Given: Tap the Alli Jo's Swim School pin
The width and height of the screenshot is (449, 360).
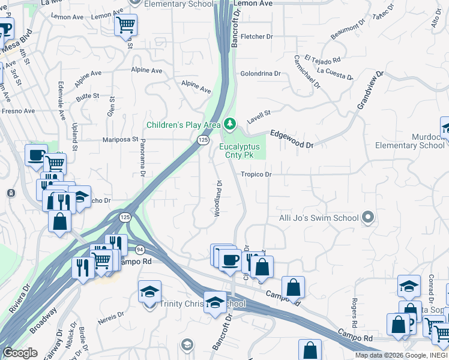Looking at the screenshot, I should pos(369,218).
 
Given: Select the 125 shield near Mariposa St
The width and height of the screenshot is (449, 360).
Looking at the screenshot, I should pos(203,140).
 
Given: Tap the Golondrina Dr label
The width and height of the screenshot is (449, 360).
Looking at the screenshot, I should pos(261,74).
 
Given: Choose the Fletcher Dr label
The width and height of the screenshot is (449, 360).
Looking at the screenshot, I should pos(256,37).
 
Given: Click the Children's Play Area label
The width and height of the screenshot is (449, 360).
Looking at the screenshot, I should pos(184,125).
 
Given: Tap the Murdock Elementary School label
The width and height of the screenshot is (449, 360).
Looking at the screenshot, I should pos(411,141).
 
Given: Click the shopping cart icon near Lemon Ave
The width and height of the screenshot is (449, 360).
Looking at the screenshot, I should pos(126,25).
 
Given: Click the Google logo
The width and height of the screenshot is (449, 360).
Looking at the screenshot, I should pos(20,353).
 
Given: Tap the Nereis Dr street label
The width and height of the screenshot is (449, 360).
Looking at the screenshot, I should pos(112,314).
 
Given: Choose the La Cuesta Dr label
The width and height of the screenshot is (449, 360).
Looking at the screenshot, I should pos(334,73).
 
